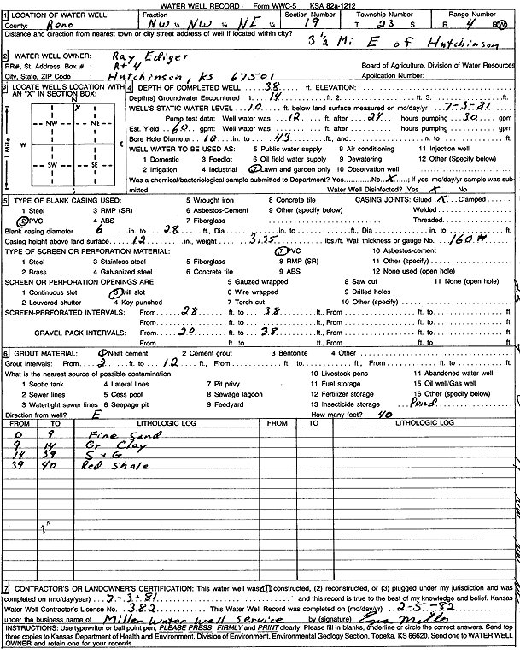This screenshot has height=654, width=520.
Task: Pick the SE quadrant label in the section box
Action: coord(95,163)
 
